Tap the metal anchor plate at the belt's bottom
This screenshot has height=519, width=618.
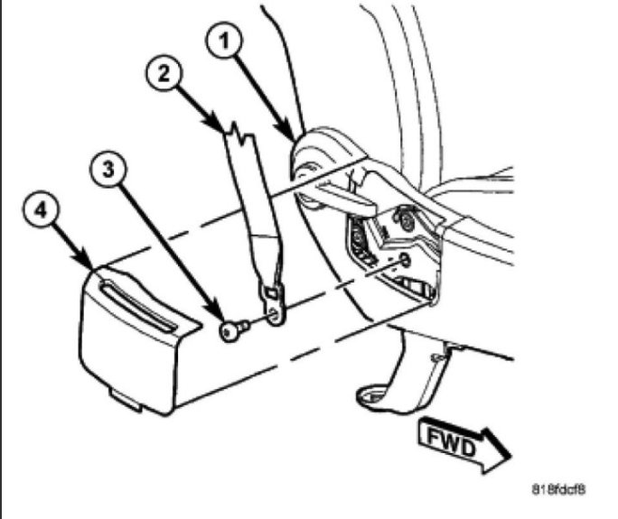tap(272, 303)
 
